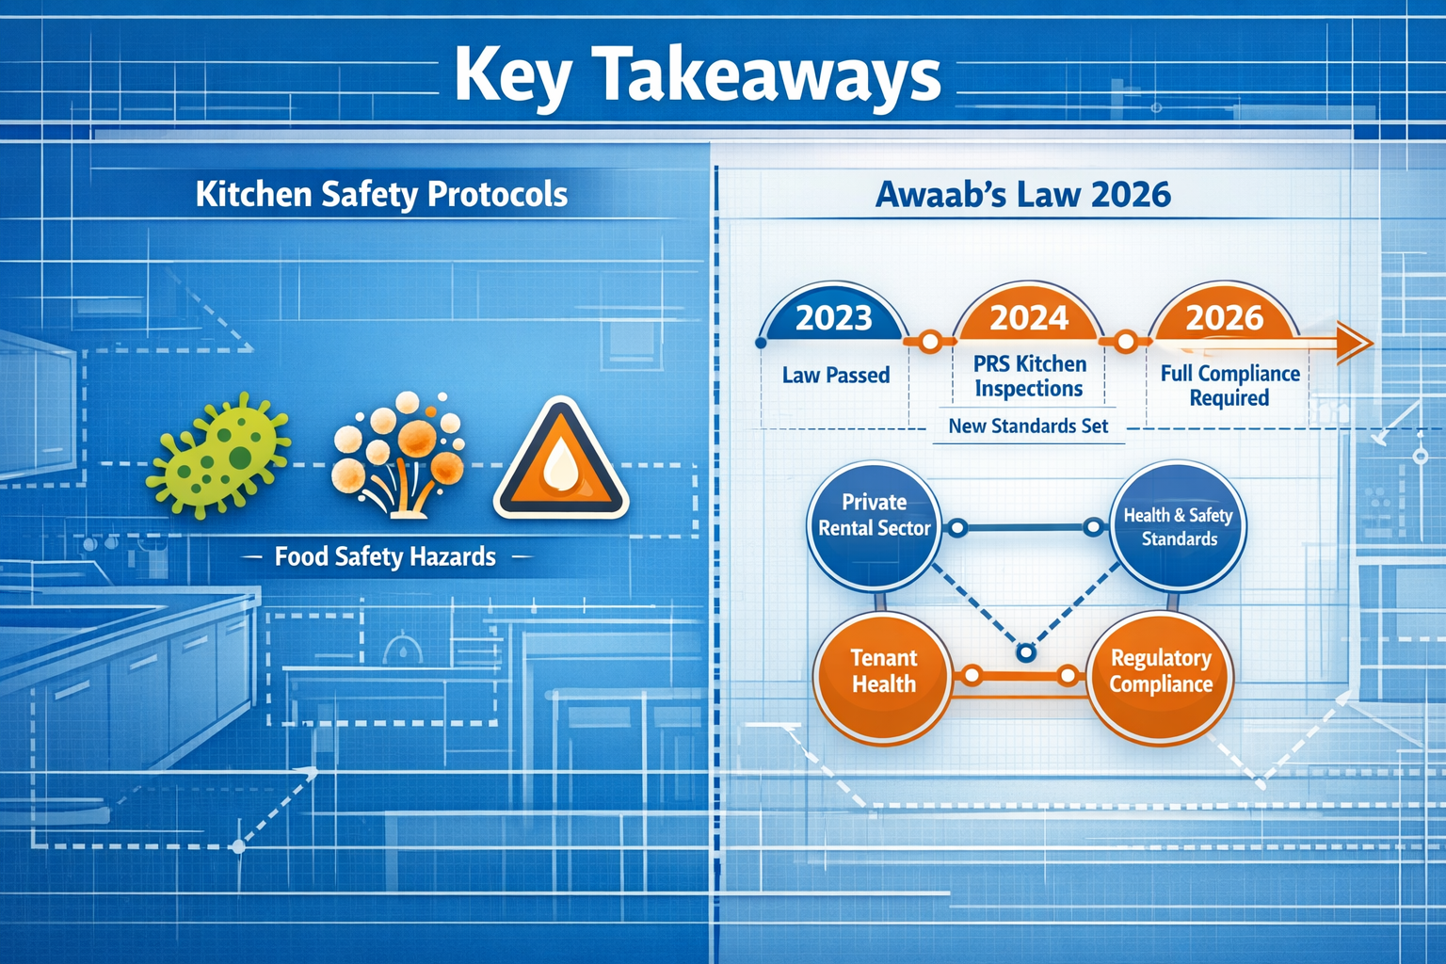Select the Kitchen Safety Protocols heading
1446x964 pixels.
[x=381, y=194]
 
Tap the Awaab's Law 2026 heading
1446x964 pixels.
[x=1022, y=194]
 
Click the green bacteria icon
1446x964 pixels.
[x=219, y=456]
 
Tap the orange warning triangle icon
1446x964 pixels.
[x=561, y=461]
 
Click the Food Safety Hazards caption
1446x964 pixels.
[x=385, y=556]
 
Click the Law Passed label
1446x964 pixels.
[x=836, y=375]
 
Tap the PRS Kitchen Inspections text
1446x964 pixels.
[x=1029, y=376]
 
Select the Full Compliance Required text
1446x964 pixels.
[x=1229, y=385]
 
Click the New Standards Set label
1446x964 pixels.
[x=1028, y=426]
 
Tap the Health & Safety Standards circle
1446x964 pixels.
[x=1178, y=526]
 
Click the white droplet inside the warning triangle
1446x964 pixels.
[x=561, y=467]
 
